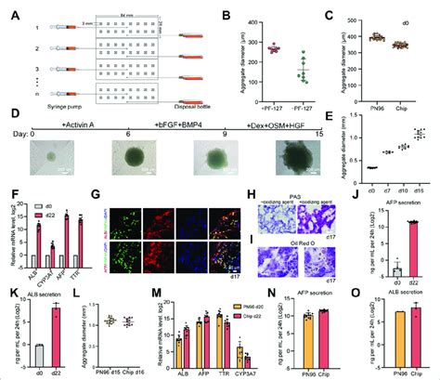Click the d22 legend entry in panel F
click(40, 204)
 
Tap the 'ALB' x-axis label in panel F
click(35, 273)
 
